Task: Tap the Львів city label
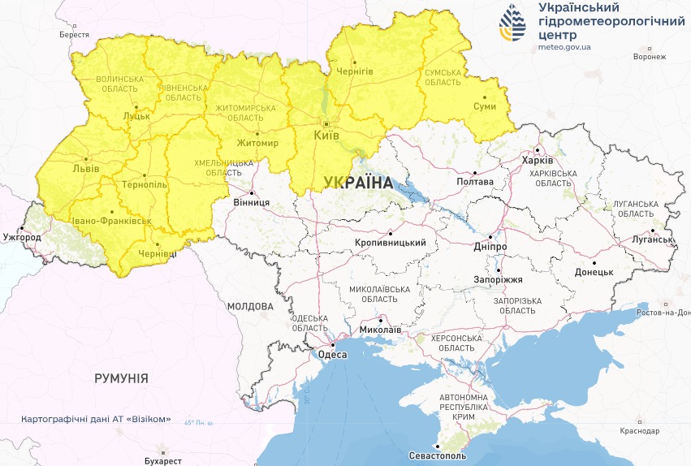86,168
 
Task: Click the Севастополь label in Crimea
438,456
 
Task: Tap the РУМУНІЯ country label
121,378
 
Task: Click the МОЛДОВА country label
250,306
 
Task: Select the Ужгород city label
22,237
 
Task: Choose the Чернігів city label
355,71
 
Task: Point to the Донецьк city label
594,272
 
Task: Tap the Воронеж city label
649,57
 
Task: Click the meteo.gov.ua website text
564,47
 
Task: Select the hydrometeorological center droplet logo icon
513,24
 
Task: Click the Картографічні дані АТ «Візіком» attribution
97,419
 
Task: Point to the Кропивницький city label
391,243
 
